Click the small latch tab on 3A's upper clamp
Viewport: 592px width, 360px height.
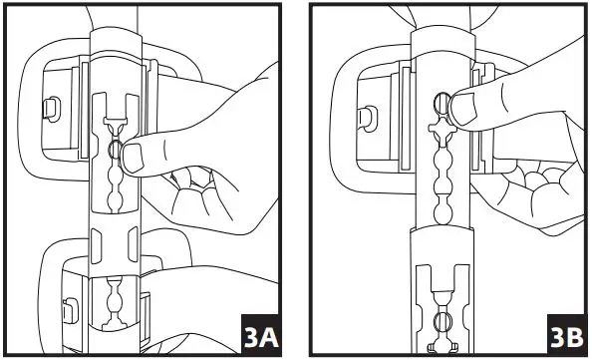pos(46,107)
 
